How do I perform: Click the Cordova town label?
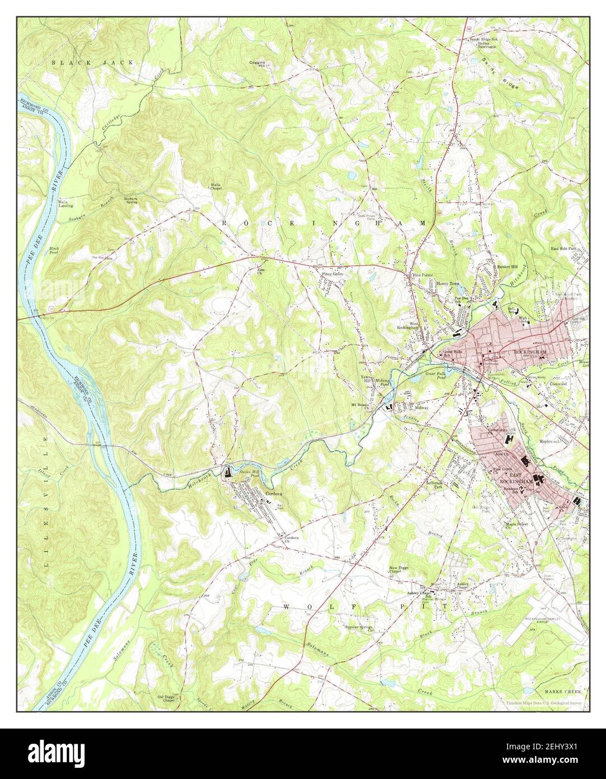(x=273, y=493)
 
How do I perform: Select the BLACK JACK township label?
(x=92, y=63)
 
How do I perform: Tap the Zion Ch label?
(x=260, y=271)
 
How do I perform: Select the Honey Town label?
(x=447, y=284)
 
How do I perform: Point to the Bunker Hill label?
(x=507, y=267)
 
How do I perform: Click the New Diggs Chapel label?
(x=399, y=571)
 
